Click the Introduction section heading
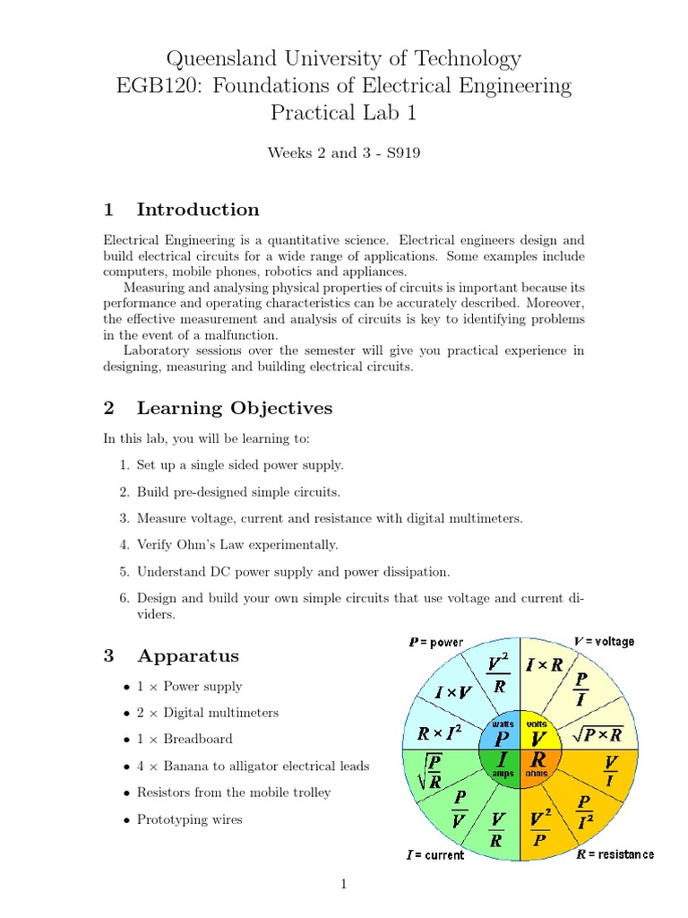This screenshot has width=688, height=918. point(197,210)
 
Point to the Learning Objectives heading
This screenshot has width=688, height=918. point(234,409)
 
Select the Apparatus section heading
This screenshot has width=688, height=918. point(187,655)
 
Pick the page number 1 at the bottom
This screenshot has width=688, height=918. point(343,885)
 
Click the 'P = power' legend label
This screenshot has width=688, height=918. point(436,642)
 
